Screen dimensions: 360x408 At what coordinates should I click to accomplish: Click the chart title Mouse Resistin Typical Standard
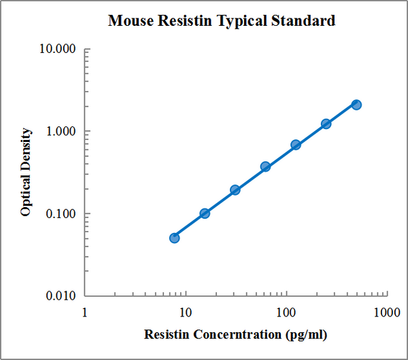(x=222, y=21)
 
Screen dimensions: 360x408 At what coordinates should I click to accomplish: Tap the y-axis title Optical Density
(x=26, y=171)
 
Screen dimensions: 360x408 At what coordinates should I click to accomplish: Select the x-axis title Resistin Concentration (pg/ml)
(x=235, y=335)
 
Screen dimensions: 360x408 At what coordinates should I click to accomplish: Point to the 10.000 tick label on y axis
(x=60, y=50)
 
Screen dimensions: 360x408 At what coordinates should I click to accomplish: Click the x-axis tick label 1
(x=85, y=312)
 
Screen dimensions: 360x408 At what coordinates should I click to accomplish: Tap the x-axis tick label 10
(x=184, y=312)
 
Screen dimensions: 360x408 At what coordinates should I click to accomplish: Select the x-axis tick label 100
(x=286, y=312)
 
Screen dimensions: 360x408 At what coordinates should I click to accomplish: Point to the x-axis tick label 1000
(x=385, y=312)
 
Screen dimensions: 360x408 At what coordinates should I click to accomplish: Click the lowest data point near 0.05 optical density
(x=174, y=238)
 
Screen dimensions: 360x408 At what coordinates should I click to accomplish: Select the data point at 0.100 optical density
(x=205, y=213)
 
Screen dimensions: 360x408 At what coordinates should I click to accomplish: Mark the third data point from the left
(x=235, y=190)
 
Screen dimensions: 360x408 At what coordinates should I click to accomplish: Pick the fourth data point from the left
(x=265, y=166)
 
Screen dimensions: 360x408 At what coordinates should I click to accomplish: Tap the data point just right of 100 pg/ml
(x=296, y=145)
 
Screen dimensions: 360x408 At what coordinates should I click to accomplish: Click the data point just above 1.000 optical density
(x=326, y=124)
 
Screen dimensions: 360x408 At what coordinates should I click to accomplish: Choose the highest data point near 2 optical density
(x=356, y=105)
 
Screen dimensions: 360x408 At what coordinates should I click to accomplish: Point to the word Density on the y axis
(x=26, y=149)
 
